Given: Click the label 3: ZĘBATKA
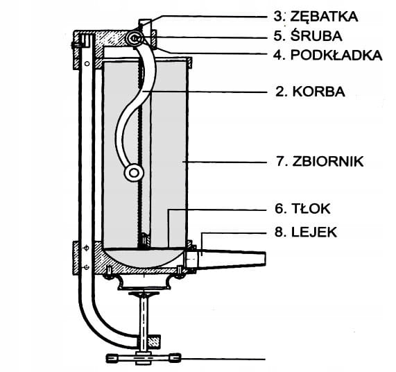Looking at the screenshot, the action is coord(316,17).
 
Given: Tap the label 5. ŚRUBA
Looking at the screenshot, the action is coord(308,35).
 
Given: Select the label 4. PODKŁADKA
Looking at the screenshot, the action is coord(328,55).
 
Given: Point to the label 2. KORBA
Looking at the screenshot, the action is coord(310,92).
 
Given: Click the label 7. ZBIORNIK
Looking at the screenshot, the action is coord(320,161).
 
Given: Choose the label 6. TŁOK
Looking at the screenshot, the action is coord(302,209).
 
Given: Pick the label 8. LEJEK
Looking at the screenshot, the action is coord(306,232).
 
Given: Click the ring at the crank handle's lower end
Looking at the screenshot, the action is coord(134,173).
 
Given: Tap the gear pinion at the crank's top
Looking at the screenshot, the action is coord(135,39).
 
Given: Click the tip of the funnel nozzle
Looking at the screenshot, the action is coord(264,259).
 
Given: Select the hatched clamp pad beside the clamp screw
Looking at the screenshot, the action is coord(153,341).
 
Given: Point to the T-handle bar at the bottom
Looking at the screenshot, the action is coord(144,357).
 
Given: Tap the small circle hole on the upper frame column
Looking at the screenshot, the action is coord(87,63).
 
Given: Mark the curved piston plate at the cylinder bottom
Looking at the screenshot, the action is coord(144,257).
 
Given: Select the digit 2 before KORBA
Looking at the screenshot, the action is coord(279,92).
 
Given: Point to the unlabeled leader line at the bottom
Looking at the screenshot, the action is coord(223,359).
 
